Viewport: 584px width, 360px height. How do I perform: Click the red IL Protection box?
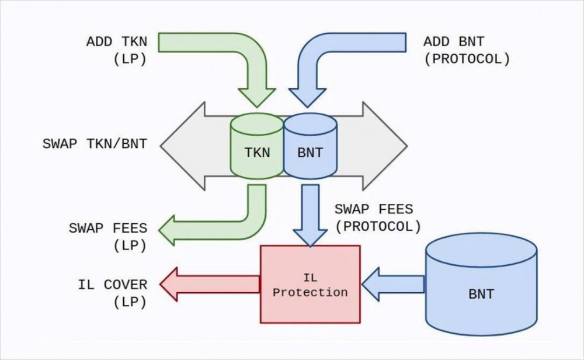[310, 284]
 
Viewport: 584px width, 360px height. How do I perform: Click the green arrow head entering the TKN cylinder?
[257, 97]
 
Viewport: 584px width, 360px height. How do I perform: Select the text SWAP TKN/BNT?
[95, 144]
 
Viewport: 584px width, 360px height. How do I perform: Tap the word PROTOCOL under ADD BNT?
[467, 59]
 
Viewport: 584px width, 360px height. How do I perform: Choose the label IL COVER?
[113, 285]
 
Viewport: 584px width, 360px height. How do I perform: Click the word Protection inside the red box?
[310, 292]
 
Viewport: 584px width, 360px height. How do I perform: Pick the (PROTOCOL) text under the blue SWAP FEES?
[377, 226]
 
